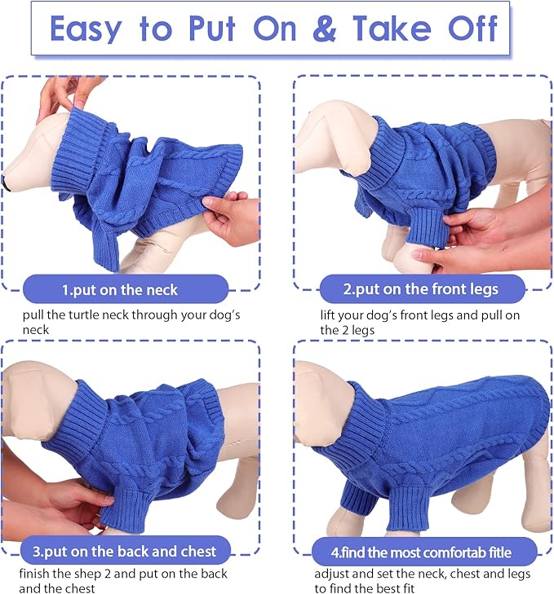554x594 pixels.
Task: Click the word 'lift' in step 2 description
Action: point(328,315)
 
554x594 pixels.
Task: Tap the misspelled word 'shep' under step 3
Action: point(78,574)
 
